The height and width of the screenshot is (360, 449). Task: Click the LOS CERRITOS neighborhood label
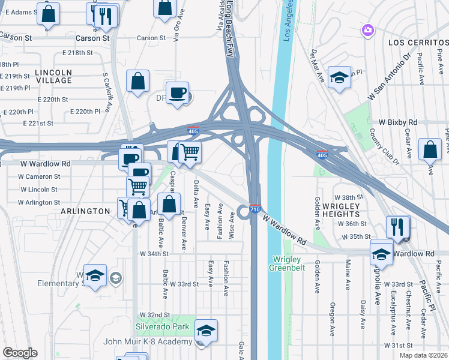418,43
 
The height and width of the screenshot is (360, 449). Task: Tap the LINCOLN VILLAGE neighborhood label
53,76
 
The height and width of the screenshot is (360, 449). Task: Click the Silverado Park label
162,326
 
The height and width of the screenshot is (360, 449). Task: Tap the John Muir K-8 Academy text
156,342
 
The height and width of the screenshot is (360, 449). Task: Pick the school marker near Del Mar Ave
339,77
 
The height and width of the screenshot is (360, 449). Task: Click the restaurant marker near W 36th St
398,226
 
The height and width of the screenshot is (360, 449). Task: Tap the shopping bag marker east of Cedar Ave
430,150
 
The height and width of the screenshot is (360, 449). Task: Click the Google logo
20,353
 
